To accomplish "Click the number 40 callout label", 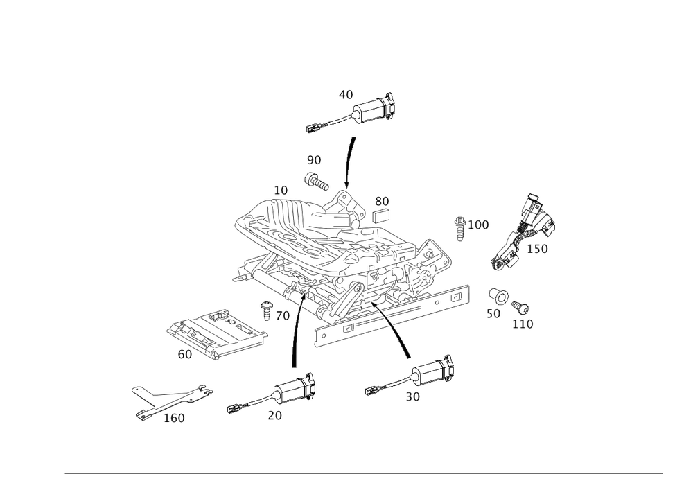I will pos(346,94).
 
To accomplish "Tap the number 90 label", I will pos(314,161).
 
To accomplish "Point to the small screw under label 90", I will pos(316,180).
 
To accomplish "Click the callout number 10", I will pos(280,190).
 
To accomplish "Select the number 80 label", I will pos(382,200).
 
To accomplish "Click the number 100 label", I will pos(478,225).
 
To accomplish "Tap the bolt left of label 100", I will pos(459,228).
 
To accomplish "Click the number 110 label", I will pos(523,324).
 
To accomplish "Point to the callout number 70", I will pos(281,316).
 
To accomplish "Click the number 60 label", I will pos(184,355).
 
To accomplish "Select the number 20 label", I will pos(274,416).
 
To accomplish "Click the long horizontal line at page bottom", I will pos(364,474).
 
